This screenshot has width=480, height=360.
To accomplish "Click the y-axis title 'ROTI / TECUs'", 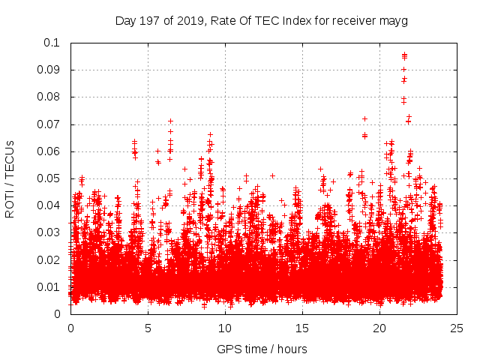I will tap(10, 178).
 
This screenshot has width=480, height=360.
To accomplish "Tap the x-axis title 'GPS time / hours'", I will tap(262, 349).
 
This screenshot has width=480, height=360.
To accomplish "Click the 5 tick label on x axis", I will tap(148, 328).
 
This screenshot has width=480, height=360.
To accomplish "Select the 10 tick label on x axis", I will tap(225, 328).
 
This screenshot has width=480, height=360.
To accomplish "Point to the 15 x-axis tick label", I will tap(302, 328).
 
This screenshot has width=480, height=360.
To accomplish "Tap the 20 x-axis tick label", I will tap(379, 328).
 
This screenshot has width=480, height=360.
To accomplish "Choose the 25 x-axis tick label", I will tap(457, 328).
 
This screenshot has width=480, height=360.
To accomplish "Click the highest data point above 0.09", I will tap(404, 55).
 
